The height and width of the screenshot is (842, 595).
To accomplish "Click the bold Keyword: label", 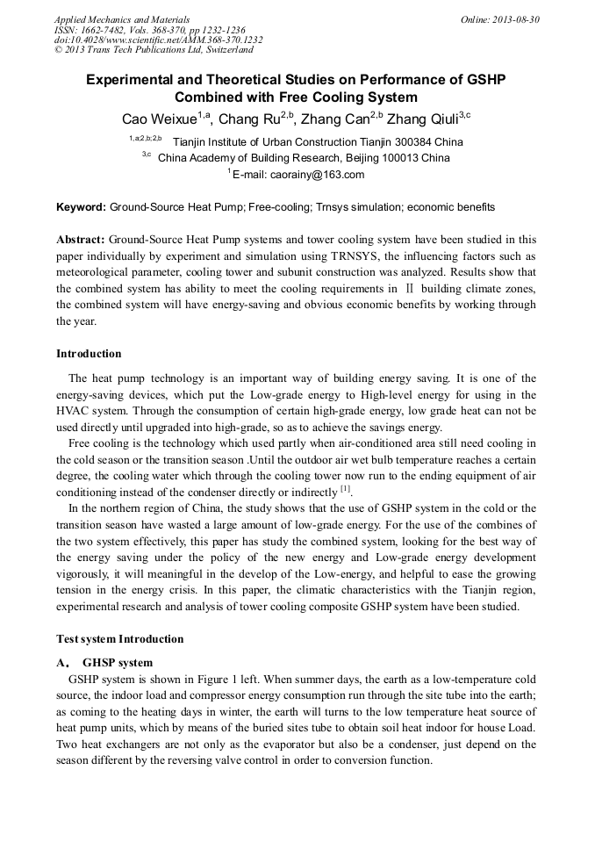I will pos(81,208).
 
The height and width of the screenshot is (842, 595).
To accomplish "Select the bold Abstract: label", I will pos(81,240).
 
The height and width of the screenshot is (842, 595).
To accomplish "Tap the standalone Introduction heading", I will pos(89,354).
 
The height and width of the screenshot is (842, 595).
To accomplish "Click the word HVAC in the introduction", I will pos(73,412).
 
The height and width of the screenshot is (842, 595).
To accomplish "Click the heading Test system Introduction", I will pos(120,639).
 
